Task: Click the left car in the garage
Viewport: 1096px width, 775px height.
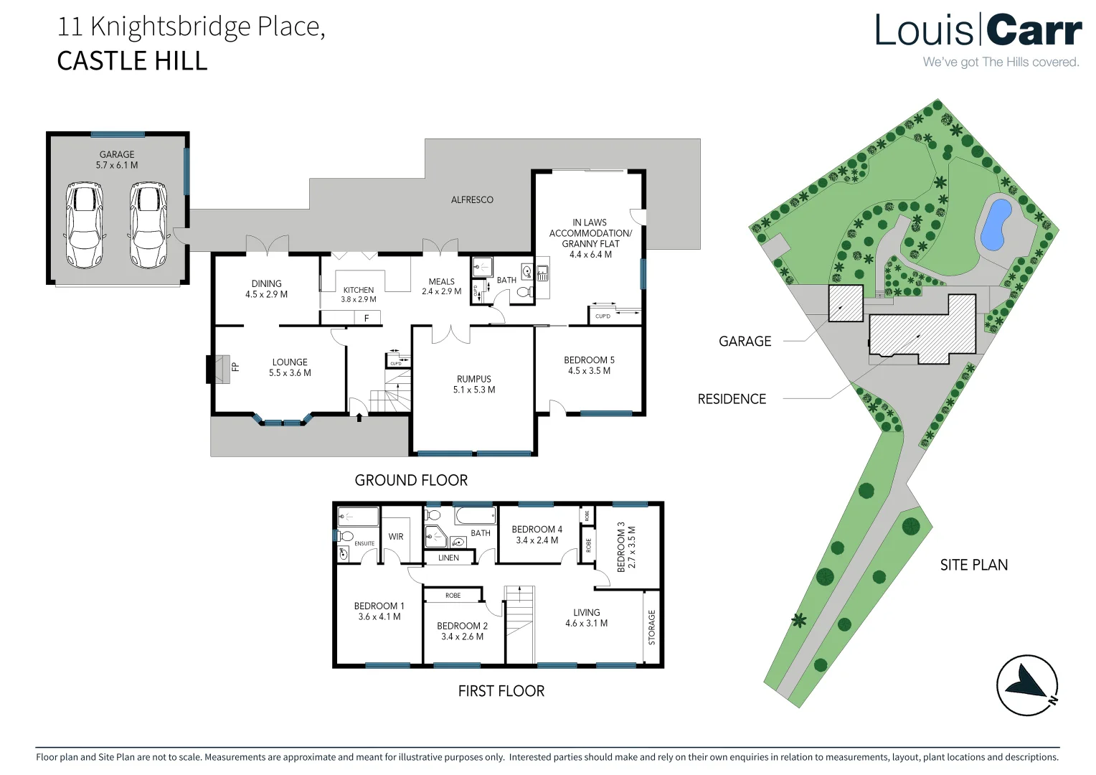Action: [x=85, y=225]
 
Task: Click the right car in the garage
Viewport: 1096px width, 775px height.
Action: [x=148, y=225]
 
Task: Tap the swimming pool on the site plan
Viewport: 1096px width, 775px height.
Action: [x=995, y=223]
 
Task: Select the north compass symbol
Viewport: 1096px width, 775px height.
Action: [x=1027, y=685]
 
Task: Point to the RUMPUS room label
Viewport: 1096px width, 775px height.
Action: [x=474, y=384]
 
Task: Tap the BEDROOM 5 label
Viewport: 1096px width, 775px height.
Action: [x=589, y=365]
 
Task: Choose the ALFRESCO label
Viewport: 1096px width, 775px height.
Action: [x=472, y=199]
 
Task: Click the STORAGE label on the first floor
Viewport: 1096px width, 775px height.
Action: [x=651, y=627]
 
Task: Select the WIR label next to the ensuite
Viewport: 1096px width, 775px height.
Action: [x=396, y=536]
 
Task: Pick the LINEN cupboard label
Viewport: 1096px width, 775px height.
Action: [x=448, y=558]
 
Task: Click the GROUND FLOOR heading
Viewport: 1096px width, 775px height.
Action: [x=411, y=480]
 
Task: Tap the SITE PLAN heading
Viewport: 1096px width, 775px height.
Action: [x=973, y=565]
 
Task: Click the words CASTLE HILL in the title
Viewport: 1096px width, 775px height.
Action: [x=132, y=61]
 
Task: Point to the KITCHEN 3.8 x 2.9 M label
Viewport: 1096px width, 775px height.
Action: [x=358, y=294]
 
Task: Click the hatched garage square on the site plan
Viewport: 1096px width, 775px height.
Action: [x=846, y=303]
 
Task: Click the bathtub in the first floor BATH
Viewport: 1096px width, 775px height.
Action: [x=476, y=515]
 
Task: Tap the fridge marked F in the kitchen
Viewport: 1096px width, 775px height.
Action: [x=367, y=318]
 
